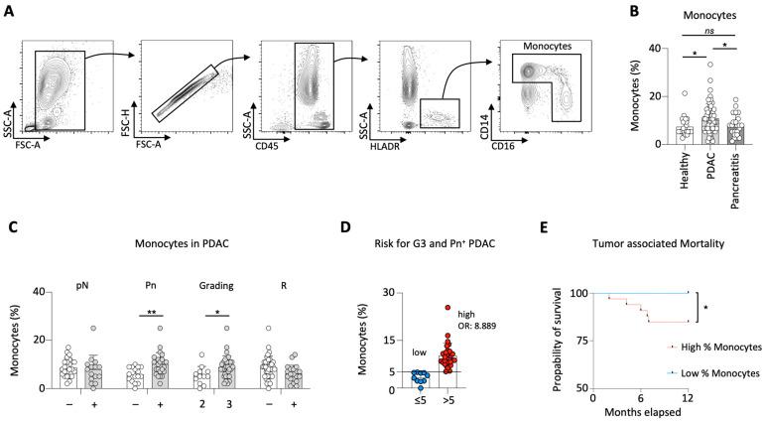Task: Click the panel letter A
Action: click(10, 11)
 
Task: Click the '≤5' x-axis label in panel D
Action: click(420, 405)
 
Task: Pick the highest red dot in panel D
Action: click(446, 307)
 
